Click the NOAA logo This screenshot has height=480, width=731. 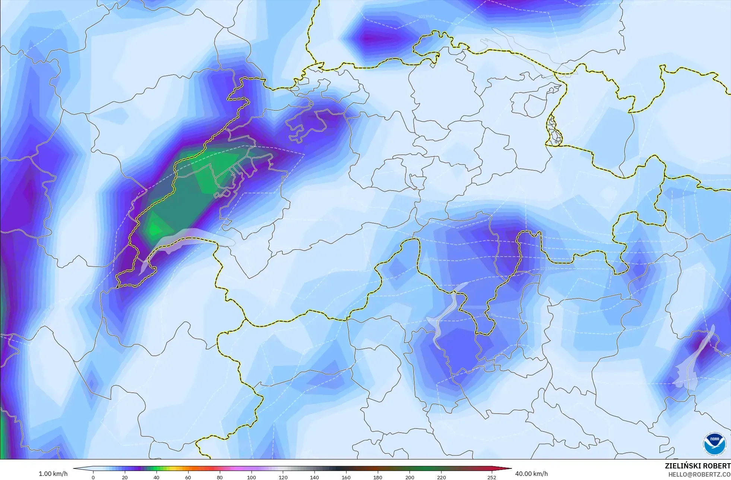pyautogui.click(x=714, y=444)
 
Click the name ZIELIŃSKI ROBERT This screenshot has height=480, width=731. pyautogui.click(x=697, y=466)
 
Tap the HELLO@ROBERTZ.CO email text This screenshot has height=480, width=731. pyautogui.click(x=699, y=474)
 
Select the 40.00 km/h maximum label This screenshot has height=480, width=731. pyautogui.click(x=531, y=474)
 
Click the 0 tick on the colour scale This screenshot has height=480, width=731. pyautogui.click(x=93, y=477)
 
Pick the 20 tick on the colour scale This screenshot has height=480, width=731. pyautogui.click(x=125, y=477)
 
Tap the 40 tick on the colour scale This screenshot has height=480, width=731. pyautogui.click(x=156, y=477)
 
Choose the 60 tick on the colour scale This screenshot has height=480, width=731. pyautogui.click(x=188, y=477)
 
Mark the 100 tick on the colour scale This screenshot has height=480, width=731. pyautogui.click(x=251, y=477)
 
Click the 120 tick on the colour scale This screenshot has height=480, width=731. pyautogui.click(x=283, y=477)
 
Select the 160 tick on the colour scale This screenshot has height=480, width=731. pyautogui.click(x=346, y=477)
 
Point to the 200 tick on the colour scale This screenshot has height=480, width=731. pyautogui.click(x=409, y=477)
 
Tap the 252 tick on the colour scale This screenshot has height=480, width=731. pyautogui.click(x=491, y=477)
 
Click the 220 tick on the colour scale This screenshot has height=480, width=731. pyautogui.click(x=441, y=477)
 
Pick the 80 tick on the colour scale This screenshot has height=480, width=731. pyautogui.click(x=220, y=477)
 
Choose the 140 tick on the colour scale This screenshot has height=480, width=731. pyautogui.click(x=314, y=477)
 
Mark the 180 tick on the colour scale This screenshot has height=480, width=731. pyautogui.click(x=378, y=477)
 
